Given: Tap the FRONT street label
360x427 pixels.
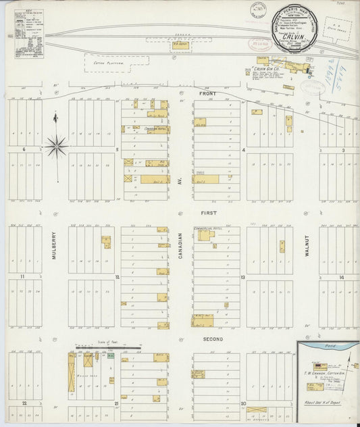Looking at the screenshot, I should pyautogui.click(x=208, y=94).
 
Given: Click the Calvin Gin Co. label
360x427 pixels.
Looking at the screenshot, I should pyautogui.click(x=269, y=69).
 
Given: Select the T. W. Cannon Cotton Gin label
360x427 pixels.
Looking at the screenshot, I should pyautogui.click(x=325, y=368).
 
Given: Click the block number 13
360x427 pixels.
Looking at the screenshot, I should pyautogui.click(x=242, y=277).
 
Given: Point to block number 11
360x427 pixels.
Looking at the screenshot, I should pyautogui.click(x=22, y=277).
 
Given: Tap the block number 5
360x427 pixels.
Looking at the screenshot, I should pyautogui.click(x=117, y=150).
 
